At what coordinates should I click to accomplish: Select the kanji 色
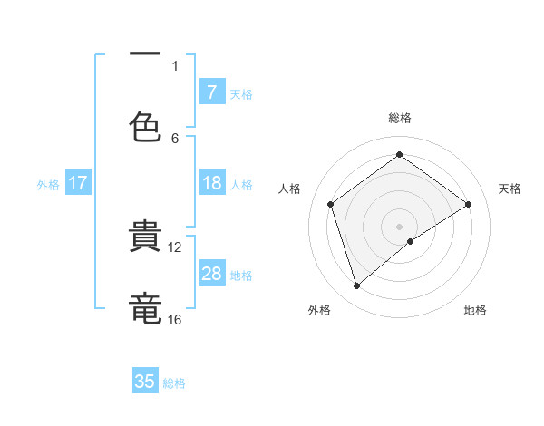pos(145,124)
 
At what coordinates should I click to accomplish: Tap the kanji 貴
pos(145,237)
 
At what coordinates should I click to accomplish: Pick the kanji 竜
pos(145,306)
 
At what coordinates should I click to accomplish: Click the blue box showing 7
pos(211,92)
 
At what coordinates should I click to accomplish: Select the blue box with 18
pos(211,183)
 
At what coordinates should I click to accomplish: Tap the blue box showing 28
pos(211,274)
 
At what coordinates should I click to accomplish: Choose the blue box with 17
pos(78,183)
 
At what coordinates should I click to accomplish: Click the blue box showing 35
pos(145,382)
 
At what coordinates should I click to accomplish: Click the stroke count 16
pos(175,319)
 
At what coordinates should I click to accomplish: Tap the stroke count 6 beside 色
pos(175,138)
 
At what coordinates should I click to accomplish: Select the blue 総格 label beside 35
pos(174,383)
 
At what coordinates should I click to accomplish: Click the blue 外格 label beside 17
pos(48,185)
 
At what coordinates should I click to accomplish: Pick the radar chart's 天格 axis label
pos(510,189)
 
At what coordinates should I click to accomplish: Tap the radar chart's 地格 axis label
pos(475,310)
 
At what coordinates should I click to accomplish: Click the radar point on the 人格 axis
pos(331,204)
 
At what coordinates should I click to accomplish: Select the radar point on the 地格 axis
pos(411,241)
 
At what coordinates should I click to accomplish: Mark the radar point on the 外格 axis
pos(356,286)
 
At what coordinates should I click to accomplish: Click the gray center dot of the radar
pos(400,226)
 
